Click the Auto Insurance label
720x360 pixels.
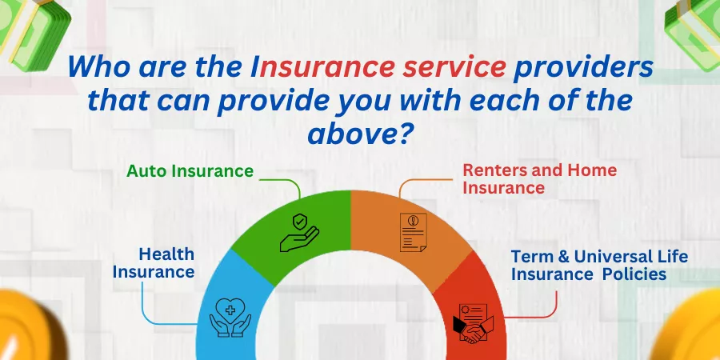tap(190, 171)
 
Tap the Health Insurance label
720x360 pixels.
tap(154, 262)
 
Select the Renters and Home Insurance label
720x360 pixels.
tap(539, 178)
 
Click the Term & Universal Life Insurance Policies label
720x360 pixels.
tap(599, 265)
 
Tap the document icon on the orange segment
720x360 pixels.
tap(414, 232)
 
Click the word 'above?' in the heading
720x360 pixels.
tap(358, 134)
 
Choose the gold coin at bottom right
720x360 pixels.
tap(688, 327)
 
